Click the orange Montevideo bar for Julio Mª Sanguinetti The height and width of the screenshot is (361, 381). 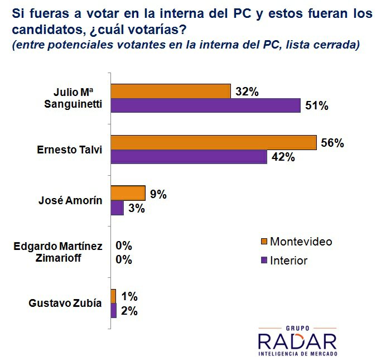click(171, 91)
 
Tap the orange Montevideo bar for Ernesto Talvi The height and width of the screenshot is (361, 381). click(214, 143)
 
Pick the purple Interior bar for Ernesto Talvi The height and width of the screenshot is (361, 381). click(189, 157)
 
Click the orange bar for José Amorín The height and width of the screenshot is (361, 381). click(128, 193)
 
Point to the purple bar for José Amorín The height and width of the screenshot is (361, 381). click(117, 208)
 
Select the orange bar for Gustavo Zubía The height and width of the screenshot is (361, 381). click(114, 296)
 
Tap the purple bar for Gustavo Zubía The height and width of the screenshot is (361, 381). click(114, 310)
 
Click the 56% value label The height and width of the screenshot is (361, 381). click(332, 143)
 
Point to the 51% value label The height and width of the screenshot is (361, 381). click(316, 106)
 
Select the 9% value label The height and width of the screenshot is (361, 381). click(158, 194)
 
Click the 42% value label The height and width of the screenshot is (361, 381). click(283, 157)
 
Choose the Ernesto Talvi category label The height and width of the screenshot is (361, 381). click(70, 150)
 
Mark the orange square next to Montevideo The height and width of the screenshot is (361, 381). click(264, 242)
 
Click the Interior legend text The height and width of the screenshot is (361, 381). click(288, 261)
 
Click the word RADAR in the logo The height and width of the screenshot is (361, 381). click(297, 340)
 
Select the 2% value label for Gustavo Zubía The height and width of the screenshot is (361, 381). click(129, 311)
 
